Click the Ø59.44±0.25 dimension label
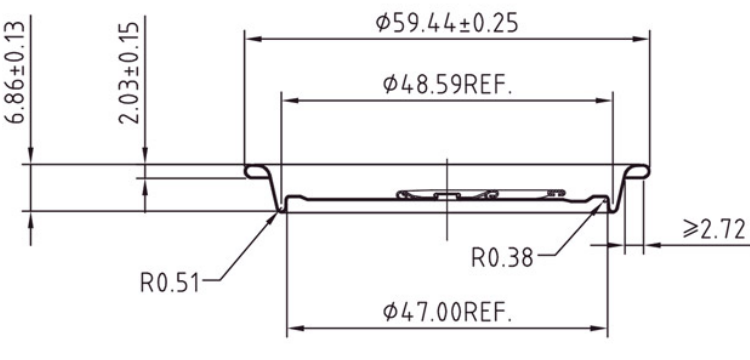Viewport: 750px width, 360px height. click(446, 22)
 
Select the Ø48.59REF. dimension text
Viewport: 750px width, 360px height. click(447, 85)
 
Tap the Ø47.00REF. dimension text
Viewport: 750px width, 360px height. click(447, 312)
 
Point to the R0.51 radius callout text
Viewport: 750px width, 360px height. click(169, 282)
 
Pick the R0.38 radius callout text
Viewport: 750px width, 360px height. click(502, 258)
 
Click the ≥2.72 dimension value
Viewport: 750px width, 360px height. click(714, 230)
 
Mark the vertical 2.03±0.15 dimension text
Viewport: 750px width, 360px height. click(129, 72)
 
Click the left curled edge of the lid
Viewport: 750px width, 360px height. click(256, 171)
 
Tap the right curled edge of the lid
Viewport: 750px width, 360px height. click(638, 171)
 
